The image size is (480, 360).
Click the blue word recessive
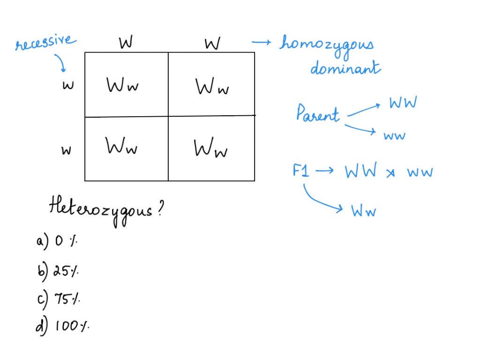(45, 43)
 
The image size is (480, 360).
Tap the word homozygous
(327, 45)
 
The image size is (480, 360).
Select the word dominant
(345, 68)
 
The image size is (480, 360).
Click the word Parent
(318, 113)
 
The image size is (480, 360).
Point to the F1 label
(301, 171)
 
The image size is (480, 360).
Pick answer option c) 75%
(58, 298)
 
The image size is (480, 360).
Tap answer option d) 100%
(62, 325)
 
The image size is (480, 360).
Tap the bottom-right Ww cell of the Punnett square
(211, 149)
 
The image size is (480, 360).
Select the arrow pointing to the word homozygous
(262, 43)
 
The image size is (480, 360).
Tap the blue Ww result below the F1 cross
(364, 211)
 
